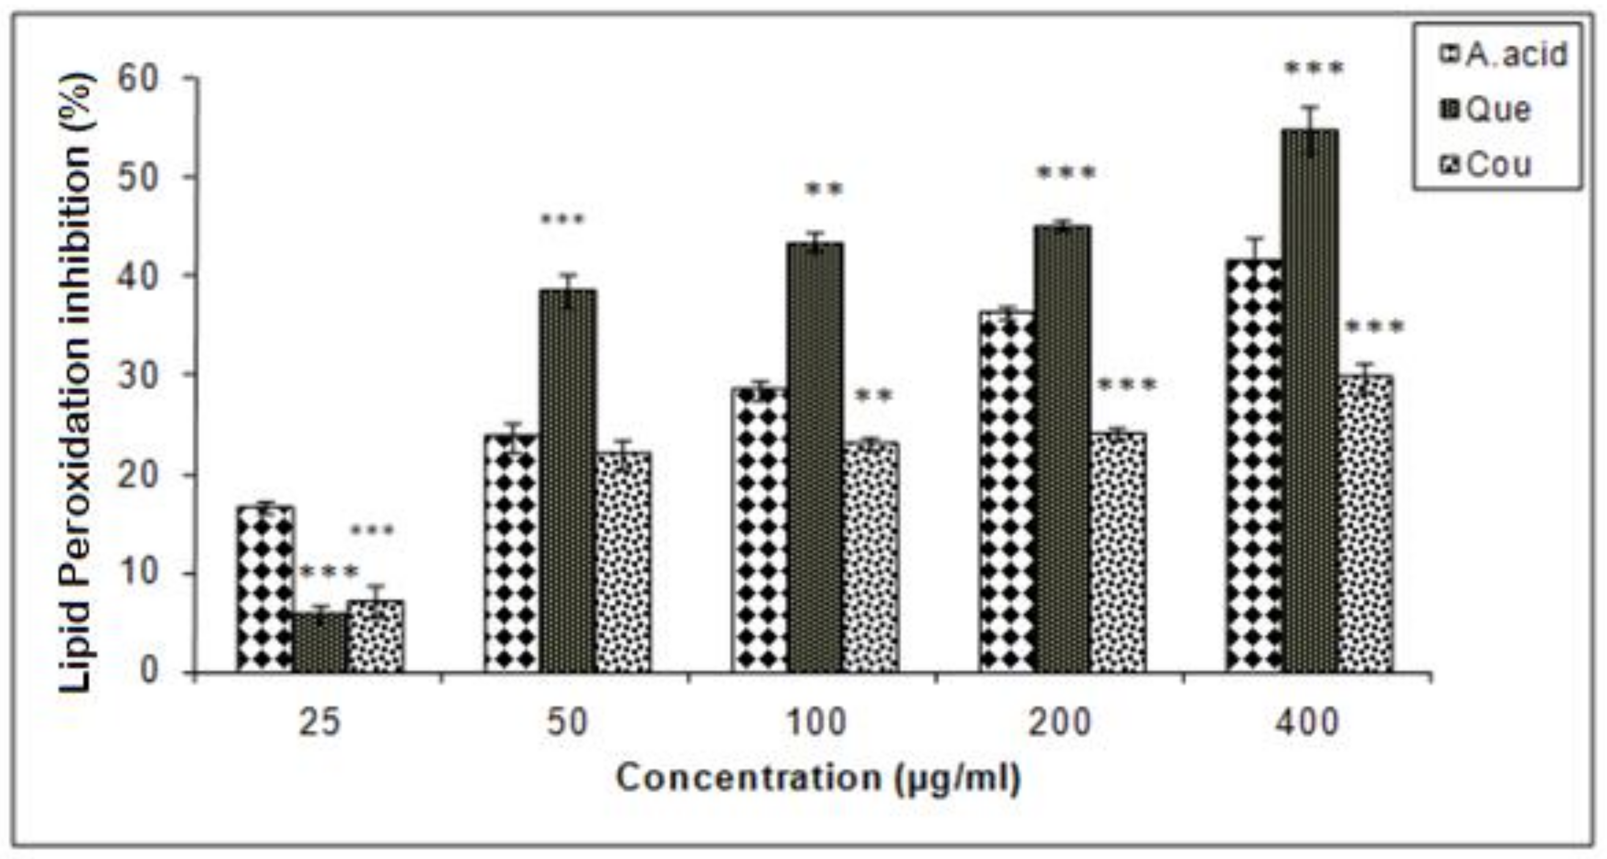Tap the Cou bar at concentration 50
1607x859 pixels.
click(623, 561)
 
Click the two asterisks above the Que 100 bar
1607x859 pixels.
click(824, 189)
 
